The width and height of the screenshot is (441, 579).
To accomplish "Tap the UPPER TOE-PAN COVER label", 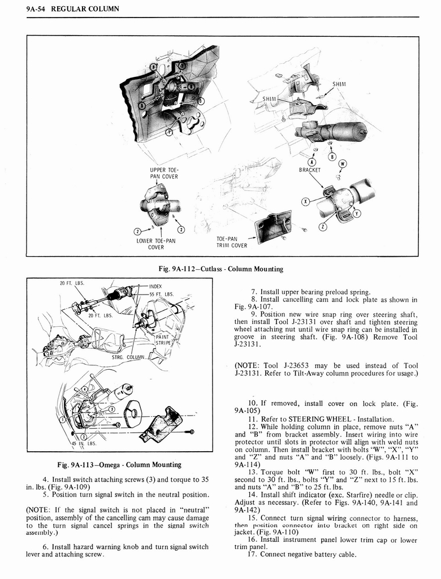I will pos(164,172).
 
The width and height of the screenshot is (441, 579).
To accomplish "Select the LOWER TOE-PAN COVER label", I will pos(156,244).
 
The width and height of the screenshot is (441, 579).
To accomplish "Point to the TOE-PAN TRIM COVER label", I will pos(232,242).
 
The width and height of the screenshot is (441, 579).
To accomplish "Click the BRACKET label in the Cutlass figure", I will pos(309,169).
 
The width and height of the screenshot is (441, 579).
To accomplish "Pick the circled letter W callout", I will pos(342,165).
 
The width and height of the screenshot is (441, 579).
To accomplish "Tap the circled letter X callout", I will pos(306,201).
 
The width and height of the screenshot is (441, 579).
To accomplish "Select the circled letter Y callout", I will pos(357,213).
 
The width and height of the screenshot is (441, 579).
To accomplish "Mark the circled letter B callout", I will pos(332,157).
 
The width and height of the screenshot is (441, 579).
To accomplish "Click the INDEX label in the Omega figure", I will pos(155,286).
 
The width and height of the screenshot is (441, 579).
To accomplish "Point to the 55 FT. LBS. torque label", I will pos(161,294).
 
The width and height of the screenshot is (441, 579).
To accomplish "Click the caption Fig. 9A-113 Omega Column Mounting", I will pos(119,465).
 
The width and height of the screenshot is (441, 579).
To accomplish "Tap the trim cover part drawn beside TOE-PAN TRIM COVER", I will pos(273,226).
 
